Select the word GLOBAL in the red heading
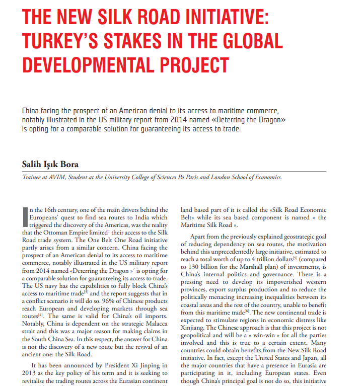click(242, 41)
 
